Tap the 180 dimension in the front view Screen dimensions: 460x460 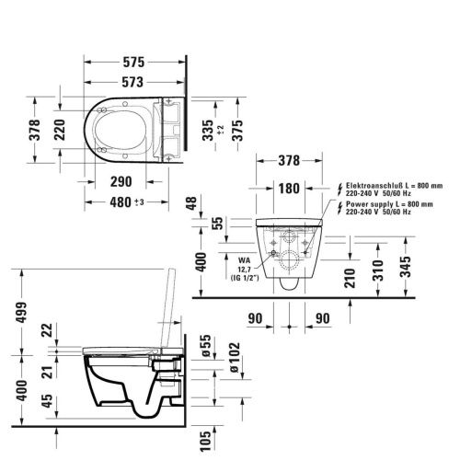pos(288,189)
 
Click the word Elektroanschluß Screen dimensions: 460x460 pos(374,184)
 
